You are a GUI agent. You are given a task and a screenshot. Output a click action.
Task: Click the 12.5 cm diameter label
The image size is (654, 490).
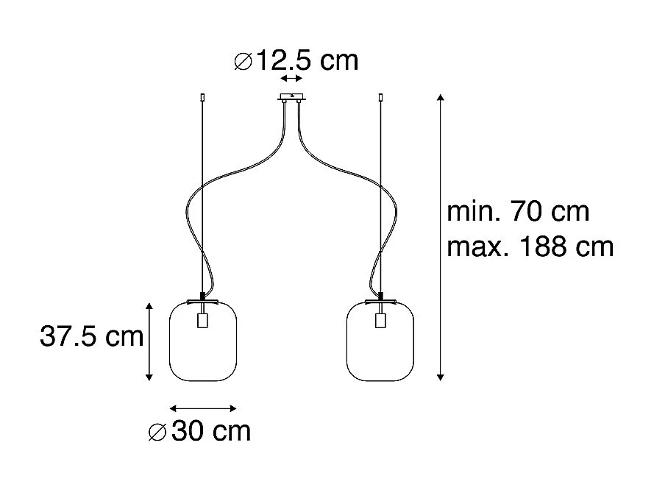[x=296, y=61]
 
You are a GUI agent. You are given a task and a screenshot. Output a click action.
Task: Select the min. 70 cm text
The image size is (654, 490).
[x=518, y=212]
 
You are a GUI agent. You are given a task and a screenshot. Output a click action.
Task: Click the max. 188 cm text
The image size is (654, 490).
[x=530, y=246]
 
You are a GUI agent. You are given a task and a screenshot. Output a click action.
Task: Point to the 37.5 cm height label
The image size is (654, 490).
[x=91, y=337]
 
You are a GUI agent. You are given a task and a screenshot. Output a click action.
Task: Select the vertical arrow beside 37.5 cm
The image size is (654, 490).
[x=149, y=341]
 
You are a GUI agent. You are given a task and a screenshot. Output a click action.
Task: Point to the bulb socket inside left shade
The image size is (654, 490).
[x=203, y=322]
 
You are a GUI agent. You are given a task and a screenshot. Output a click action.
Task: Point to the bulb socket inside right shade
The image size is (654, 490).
[x=380, y=322]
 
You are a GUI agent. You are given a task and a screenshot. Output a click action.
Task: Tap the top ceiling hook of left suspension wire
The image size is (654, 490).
[x=203, y=97]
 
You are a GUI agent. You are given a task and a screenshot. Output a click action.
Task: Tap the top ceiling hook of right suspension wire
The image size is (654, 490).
[x=380, y=97]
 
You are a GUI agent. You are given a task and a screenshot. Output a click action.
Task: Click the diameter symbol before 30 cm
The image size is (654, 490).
[x=158, y=433]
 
